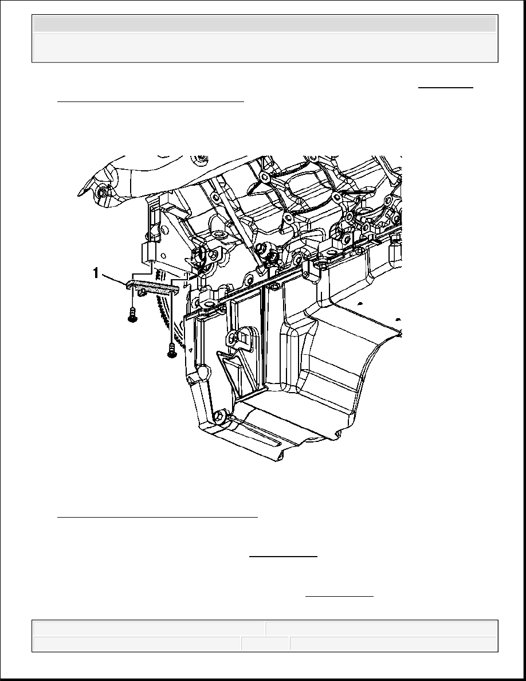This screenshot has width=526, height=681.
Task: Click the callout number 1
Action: click(96, 273)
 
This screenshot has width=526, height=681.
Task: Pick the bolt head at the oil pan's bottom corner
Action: click(219, 417)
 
